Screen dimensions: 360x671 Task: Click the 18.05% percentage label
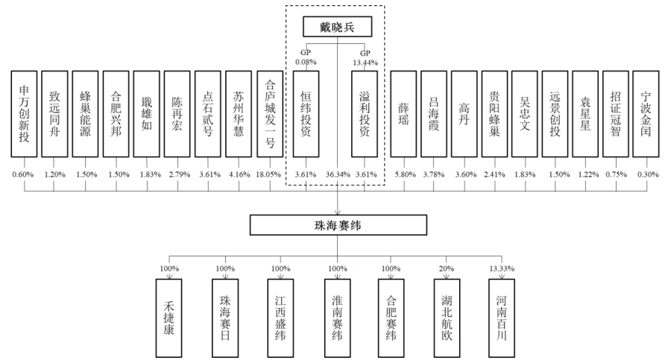(x=268, y=174)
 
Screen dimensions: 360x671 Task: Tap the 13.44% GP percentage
(x=366, y=63)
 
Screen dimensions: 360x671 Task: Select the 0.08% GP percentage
(x=305, y=63)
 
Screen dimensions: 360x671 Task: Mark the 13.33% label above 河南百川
(x=502, y=268)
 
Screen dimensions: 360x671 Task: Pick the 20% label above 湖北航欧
(x=447, y=268)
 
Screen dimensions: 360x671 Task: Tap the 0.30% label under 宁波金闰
(x=646, y=174)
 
